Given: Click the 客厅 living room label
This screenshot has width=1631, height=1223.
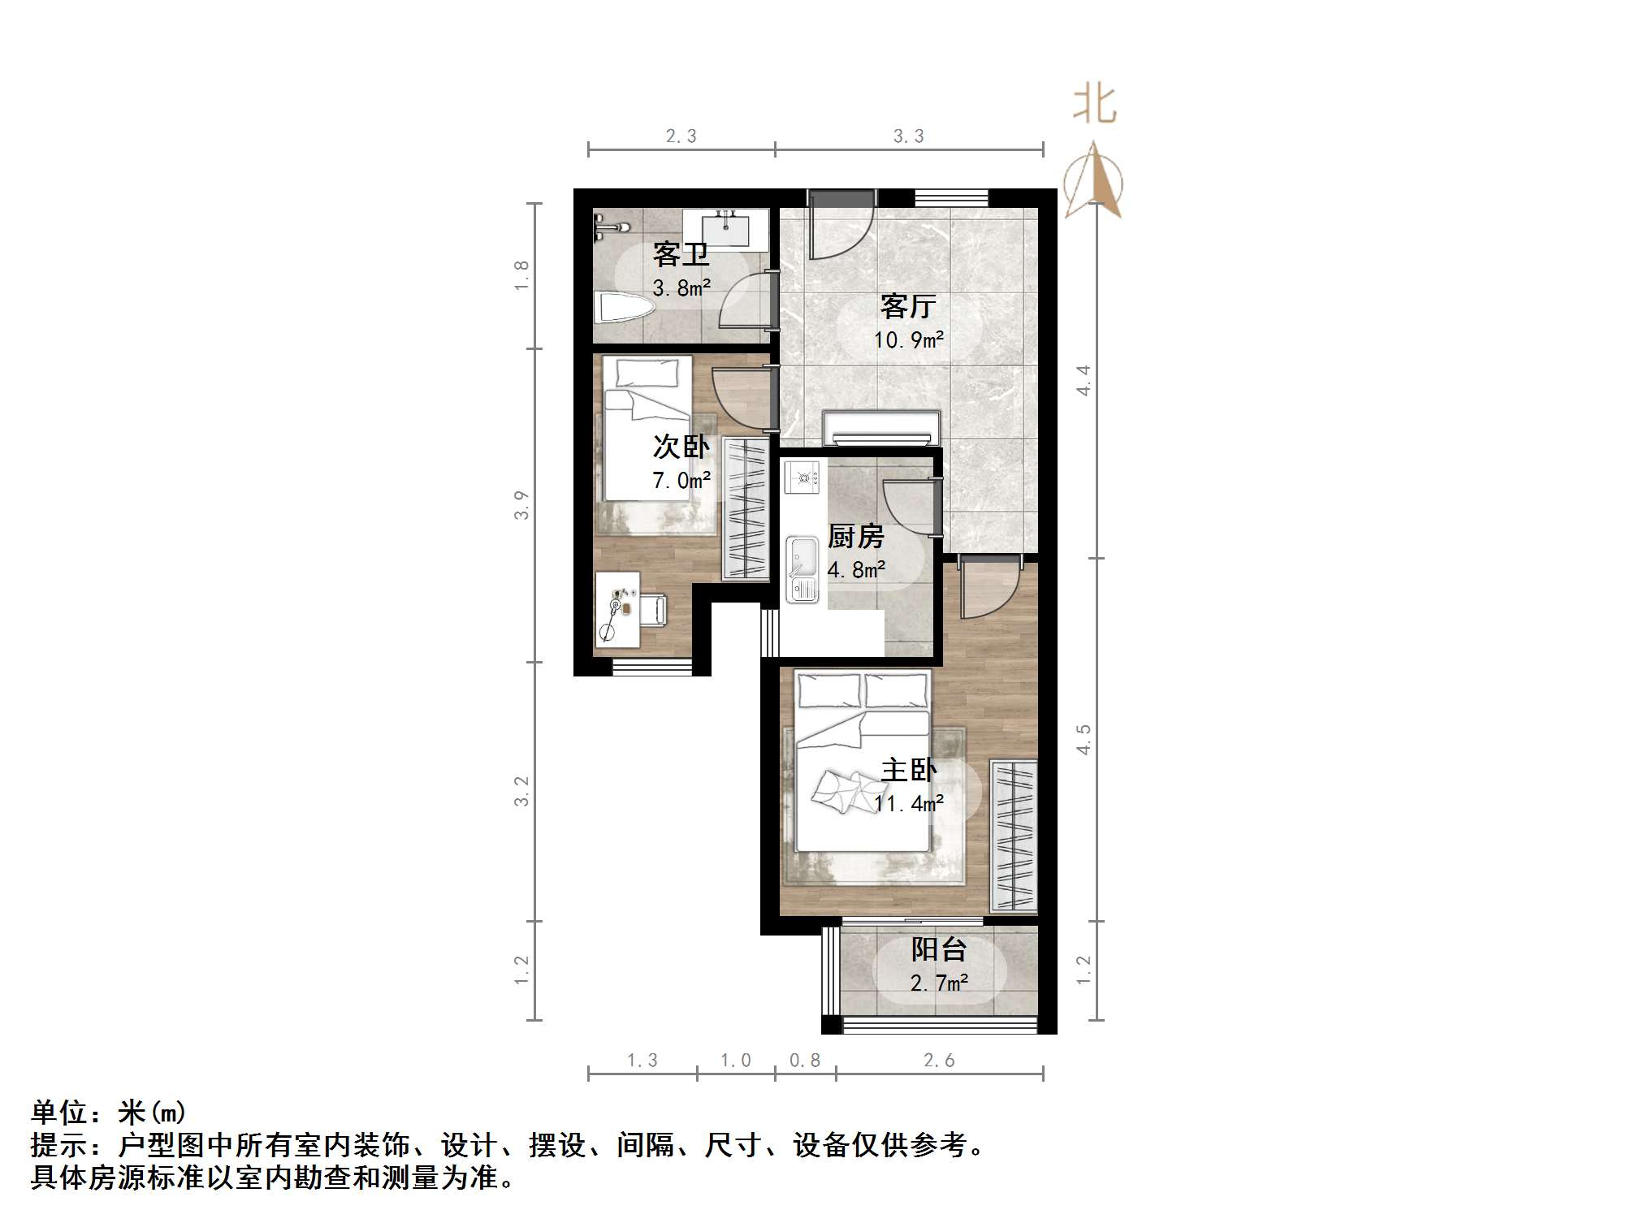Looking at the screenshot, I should click(908, 306).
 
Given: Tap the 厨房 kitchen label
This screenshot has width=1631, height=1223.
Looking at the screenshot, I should click(855, 537).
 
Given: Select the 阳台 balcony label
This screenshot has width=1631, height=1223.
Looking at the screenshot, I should click(939, 949).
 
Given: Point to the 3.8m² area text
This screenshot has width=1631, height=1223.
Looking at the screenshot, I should click(681, 287).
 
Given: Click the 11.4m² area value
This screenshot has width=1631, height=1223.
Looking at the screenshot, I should click(908, 804).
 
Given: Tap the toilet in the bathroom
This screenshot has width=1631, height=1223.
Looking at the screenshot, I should click(625, 309).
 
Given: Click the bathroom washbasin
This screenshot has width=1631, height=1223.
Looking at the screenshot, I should click(725, 227).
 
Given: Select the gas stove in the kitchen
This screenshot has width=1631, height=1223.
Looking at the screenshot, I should click(804, 478).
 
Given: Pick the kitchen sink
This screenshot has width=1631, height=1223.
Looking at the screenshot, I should click(802, 568).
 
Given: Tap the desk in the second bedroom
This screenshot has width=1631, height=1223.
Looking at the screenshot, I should click(616, 609).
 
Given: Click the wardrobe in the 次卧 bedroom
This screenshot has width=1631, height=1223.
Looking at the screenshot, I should click(745, 508).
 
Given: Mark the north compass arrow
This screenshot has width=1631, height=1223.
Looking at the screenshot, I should click(1093, 182).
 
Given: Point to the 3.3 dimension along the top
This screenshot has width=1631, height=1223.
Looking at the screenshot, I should click(908, 136).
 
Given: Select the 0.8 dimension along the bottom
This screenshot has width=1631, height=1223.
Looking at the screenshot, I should click(804, 1061).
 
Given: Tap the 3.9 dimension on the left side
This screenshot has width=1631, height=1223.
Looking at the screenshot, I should click(521, 505).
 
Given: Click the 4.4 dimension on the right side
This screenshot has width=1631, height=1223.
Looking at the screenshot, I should click(1084, 380).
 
